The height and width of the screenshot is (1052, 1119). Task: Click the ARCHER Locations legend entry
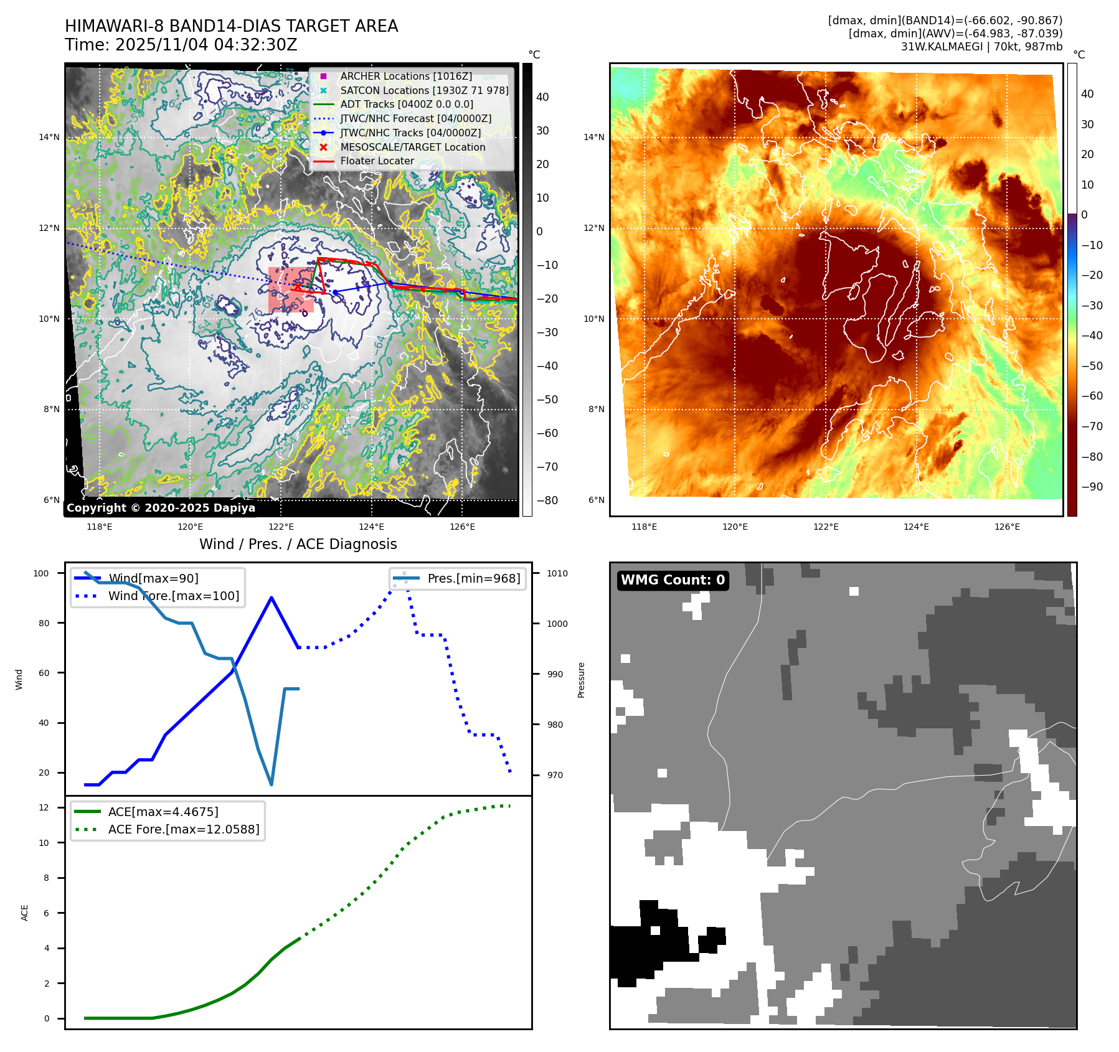[x=405, y=76]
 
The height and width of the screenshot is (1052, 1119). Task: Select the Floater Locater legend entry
[x=377, y=161]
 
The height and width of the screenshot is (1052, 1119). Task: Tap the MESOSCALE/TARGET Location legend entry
[x=412, y=147]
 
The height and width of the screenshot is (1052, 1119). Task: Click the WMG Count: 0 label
[x=673, y=580]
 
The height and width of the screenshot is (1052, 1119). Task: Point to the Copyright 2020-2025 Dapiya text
[x=161, y=508]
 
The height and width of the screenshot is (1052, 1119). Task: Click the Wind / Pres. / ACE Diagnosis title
[x=298, y=544]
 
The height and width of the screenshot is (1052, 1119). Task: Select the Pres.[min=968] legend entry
[x=473, y=578]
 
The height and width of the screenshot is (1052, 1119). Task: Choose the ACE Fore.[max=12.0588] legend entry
[x=183, y=829]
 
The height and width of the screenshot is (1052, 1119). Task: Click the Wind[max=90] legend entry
[x=153, y=578]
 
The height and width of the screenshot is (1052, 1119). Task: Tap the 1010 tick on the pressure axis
[x=557, y=573]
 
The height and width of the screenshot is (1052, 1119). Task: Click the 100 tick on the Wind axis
[x=41, y=573]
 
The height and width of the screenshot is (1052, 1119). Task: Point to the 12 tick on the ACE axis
[x=44, y=807]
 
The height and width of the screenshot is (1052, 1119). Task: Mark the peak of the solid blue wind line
[x=271, y=598]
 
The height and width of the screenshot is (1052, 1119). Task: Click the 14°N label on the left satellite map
[x=49, y=137]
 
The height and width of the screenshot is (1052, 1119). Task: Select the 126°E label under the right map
[x=1007, y=527]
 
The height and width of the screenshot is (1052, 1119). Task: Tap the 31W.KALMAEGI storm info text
[x=981, y=47]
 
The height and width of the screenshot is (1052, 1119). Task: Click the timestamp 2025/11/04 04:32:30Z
[x=206, y=45]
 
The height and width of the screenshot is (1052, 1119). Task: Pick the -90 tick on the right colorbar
[x=1092, y=487]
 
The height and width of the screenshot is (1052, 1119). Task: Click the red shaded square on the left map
[x=291, y=290]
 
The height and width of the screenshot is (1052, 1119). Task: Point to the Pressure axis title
[x=581, y=680]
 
